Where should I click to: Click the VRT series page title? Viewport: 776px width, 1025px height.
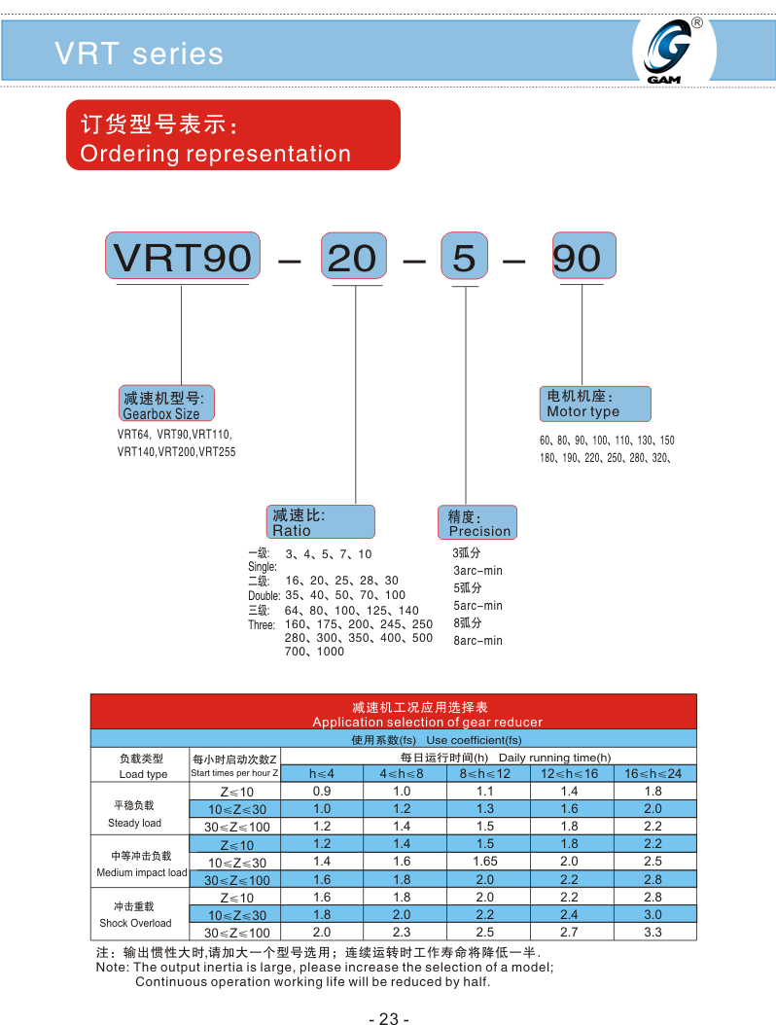(x=139, y=53)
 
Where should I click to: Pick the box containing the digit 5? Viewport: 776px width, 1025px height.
(x=465, y=258)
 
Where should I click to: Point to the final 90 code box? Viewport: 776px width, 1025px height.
(x=582, y=258)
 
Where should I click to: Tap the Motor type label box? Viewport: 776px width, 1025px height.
(x=594, y=404)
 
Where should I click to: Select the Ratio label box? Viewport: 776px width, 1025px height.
(x=320, y=522)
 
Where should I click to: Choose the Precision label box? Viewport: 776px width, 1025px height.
(x=477, y=523)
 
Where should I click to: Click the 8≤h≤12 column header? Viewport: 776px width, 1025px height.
(x=485, y=773)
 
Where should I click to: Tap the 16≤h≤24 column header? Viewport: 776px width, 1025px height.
(x=653, y=773)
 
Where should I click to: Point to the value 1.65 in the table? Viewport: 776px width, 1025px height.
(x=485, y=861)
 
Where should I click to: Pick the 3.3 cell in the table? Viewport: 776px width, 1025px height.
(x=653, y=931)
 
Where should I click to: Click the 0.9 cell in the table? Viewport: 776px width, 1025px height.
(x=322, y=791)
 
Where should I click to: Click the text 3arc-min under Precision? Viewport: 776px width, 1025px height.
(x=477, y=570)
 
